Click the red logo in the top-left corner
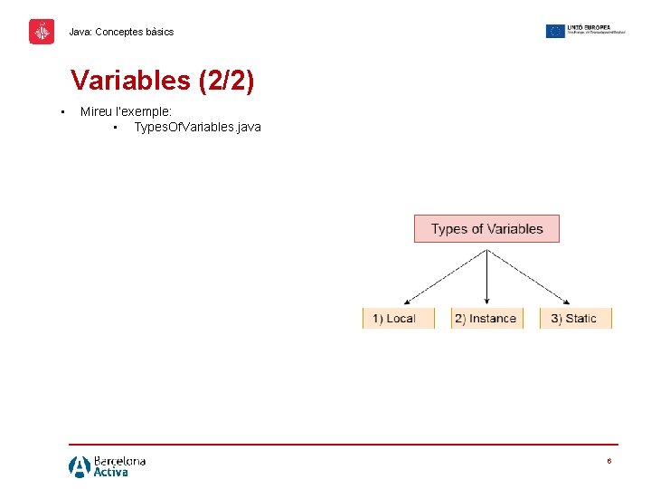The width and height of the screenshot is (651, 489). click(x=42, y=32)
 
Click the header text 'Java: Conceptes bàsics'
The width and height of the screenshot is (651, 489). click(x=121, y=32)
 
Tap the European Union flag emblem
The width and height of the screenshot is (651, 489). click(x=555, y=31)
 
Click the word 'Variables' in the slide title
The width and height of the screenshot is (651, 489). click(x=129, y=81)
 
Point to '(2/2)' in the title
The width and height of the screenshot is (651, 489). click(x=224, y=81)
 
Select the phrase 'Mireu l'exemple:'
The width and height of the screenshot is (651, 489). click(x=126, y=111)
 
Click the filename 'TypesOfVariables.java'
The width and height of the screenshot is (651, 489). click(x=197, y=127)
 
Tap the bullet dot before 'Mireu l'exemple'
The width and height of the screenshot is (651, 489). click(x=61, y=112)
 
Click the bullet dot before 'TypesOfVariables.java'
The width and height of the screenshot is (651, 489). click(x=117, y=128)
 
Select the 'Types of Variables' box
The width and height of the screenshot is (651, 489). click(x=486, y=228)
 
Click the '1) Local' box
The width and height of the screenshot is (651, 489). click(x=393, y=318)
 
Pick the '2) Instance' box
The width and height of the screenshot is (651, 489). click(x=486, y=318)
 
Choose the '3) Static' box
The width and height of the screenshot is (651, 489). click(x=575, y=318)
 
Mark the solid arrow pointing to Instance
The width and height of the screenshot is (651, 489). click(x=487, y=276)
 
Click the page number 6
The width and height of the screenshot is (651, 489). click(x=609, y=461)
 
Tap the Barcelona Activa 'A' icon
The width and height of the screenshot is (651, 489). click(x=80, y=466)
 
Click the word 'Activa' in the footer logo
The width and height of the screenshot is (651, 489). click(x=111, y=472)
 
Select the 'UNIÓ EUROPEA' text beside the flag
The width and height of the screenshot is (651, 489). click(x=589, y=27)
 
